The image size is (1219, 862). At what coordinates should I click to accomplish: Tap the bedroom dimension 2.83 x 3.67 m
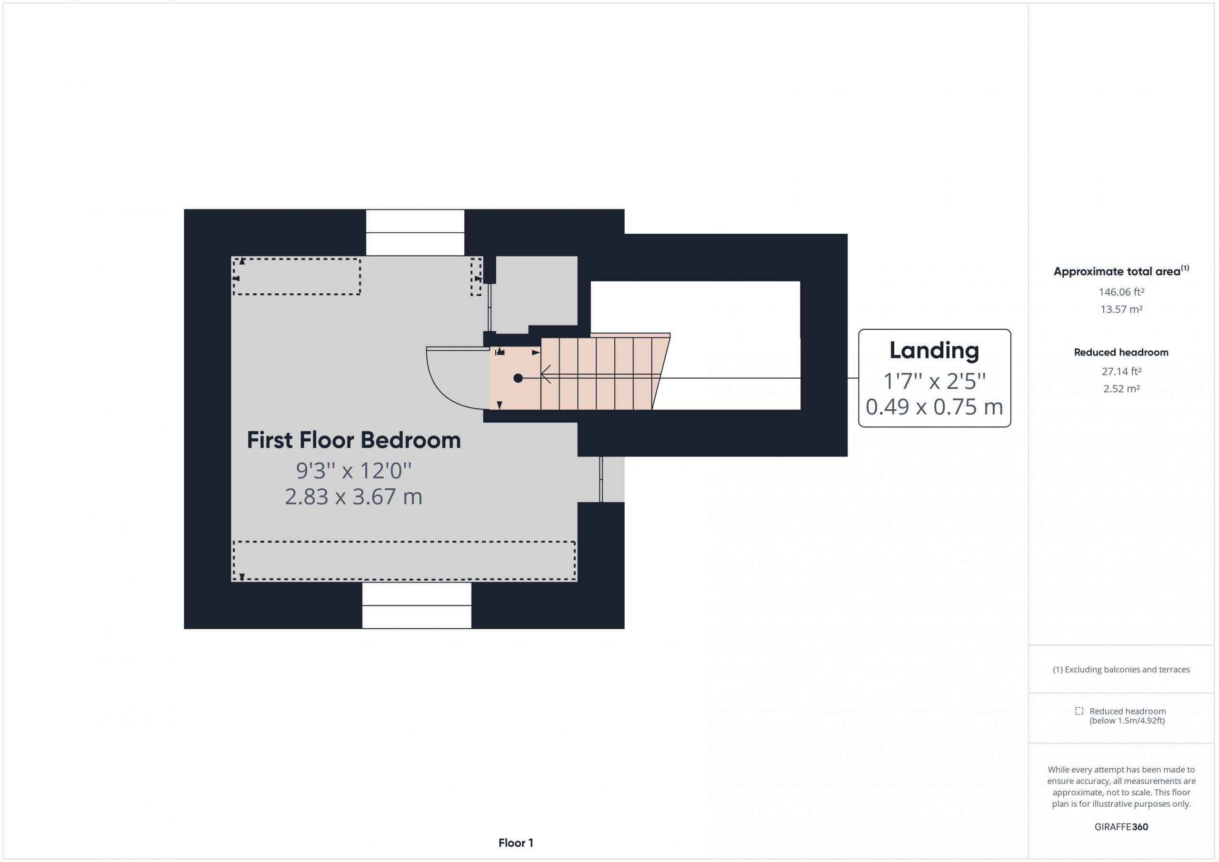pyautogui.click(x=354, y=497)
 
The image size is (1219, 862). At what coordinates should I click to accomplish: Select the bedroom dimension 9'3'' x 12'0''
pyautogui.click(x=354, y=470)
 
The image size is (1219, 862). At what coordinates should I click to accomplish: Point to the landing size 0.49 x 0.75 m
pyautogui.click(x=934, y=407)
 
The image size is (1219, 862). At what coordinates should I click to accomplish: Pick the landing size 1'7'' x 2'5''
pyautogui.click(x=934, y=381)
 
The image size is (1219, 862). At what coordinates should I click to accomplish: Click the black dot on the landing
pyautogui.click(x=518, y=378)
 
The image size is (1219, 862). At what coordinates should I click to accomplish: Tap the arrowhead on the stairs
pyautogui.click(x=545, y=374)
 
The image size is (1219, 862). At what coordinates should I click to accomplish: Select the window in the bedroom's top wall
pyautogui.click(x=415, y=232)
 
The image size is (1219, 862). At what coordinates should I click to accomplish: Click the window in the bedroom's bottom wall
pyautogui.click(x=417, y=605)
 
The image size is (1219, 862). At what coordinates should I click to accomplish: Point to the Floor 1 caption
pyautogui.click(x=516, y=843)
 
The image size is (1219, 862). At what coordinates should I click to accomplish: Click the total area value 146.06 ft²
pyautogui.click(x=1121, y=292)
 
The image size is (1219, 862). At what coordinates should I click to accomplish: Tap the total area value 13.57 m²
pyautogui.click(x=1121, y=309)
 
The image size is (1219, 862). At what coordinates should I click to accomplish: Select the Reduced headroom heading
pyautogui.click(x=1121, y=352)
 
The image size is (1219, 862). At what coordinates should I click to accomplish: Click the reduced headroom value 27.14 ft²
pyautogui.click(x=1121, y=372)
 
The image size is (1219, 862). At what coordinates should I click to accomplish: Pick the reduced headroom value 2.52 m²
pyautogui.click(x=1121, y=388)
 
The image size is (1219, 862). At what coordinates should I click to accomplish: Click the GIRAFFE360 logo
pyautogui.click(x=1121, y=826)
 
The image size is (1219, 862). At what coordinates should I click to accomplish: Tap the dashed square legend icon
pyautogui.click(x=1079, y=711)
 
